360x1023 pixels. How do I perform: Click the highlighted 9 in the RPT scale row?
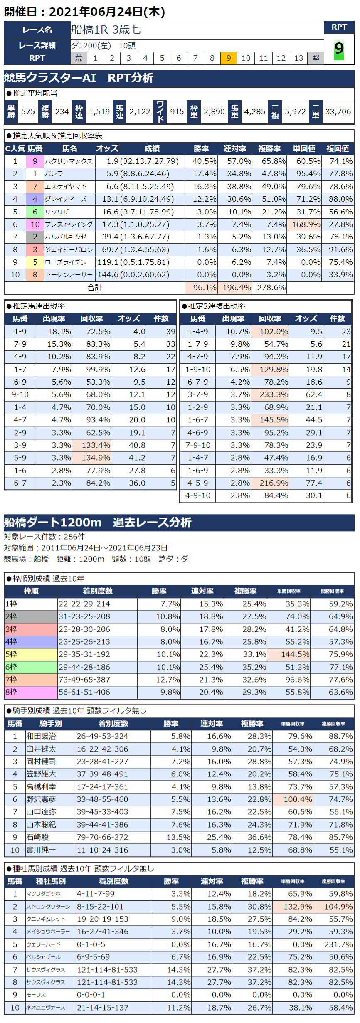(x=229, y=58)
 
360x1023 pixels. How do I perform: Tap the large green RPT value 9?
(x=339, y=49)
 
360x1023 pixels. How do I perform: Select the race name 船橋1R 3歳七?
(x=106, y=30)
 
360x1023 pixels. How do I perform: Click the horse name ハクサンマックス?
(x=69, y=161)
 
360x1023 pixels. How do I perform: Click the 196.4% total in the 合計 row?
(x=237, y=288)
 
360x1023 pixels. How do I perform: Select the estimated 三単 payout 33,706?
(x=338, y=112)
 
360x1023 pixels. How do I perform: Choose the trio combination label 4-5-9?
(x=198, y=483)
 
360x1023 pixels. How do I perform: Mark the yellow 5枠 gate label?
(x=31, y=654)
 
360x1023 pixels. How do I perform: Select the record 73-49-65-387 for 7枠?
(x=84, y=680)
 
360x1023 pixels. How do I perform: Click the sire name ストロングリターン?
(x=48, y=907)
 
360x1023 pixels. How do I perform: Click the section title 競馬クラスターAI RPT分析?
(x=79, y=78)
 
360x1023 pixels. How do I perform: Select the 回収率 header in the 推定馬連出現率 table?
(x=91, y=319)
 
